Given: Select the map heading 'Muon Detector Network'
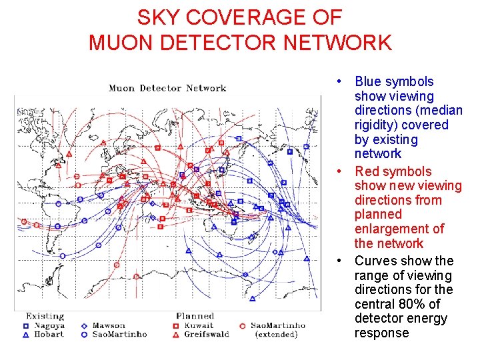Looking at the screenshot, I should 167,88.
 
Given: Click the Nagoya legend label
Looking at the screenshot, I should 50,325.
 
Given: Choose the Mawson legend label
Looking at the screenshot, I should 109,325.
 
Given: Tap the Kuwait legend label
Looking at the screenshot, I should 198,325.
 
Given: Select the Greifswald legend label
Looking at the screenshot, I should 207,334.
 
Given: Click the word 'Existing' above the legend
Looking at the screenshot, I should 45,316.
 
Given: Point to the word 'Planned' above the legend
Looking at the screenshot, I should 195,316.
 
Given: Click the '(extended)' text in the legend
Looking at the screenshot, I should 276,334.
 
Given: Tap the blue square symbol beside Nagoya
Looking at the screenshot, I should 25,326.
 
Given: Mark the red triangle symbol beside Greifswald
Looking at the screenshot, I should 176,334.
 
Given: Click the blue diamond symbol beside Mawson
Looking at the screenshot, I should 84,326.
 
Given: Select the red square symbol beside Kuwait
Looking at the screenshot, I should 176,326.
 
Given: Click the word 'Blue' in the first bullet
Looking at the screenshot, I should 369,82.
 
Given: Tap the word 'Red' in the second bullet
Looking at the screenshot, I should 367,172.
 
